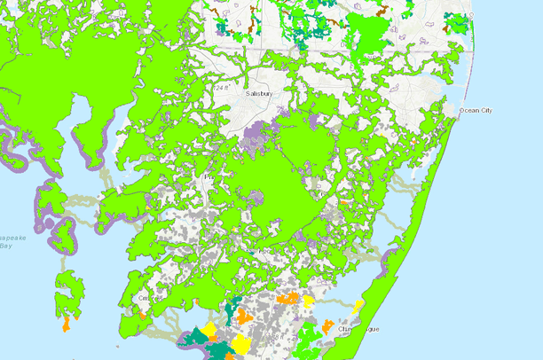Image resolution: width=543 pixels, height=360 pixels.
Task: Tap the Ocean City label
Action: click(475, 110)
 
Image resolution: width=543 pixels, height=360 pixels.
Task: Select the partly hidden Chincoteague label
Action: click(359, 329)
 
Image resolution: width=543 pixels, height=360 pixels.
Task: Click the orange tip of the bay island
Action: click(67, 324)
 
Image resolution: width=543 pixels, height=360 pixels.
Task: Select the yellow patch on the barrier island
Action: click(358, 307)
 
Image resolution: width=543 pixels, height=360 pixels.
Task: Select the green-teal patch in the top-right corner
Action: click(456, 23)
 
